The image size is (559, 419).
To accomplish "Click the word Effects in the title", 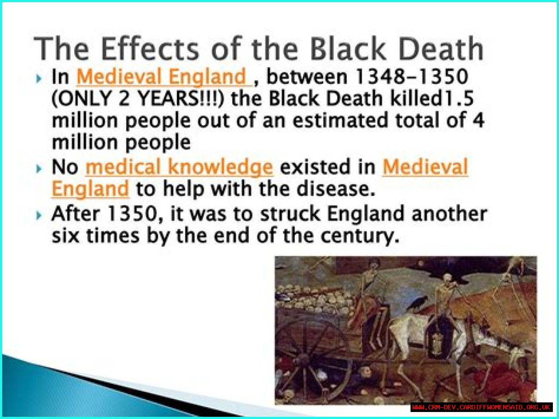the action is tap(150, 48).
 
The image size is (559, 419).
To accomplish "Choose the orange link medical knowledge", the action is tap(179, 167).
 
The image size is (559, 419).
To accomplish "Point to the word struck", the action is tap(290, 214).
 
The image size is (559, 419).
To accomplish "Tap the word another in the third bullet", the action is tap(449, 214).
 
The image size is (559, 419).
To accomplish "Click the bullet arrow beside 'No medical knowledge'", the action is tap(39, 169).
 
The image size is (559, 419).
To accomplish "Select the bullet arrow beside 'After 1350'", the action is tap(39, 215).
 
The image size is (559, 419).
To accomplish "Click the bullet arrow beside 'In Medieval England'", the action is tap(39, 79).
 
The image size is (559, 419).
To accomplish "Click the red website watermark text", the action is tap(481, 407).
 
